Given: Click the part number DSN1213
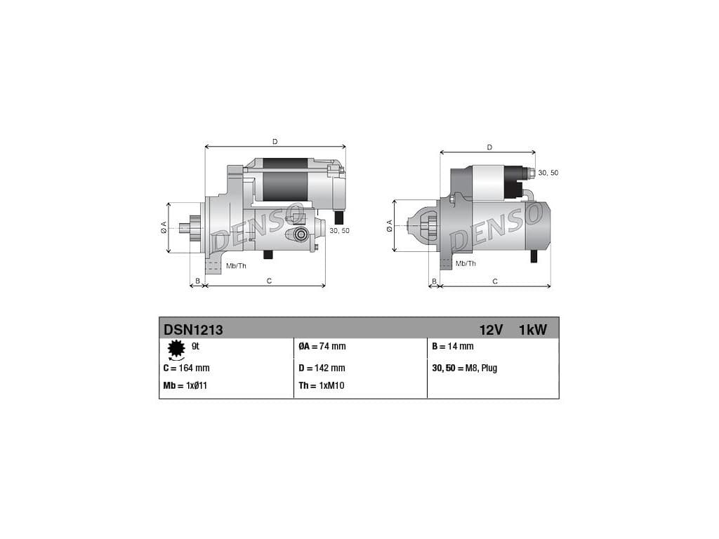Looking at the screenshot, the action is pos(193,330).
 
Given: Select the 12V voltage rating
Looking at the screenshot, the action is pos(491,330).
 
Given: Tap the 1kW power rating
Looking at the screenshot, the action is pos(533,330).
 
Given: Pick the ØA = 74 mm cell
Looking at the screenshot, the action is pos(322,347).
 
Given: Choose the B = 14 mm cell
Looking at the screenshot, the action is pos(453,347).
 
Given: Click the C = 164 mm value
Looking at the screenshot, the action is pos(186,368).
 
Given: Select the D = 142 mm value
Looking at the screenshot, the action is pos(322,368).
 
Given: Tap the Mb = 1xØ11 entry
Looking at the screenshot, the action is pos(185,385).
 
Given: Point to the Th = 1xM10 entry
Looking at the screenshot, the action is pos(322,385).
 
